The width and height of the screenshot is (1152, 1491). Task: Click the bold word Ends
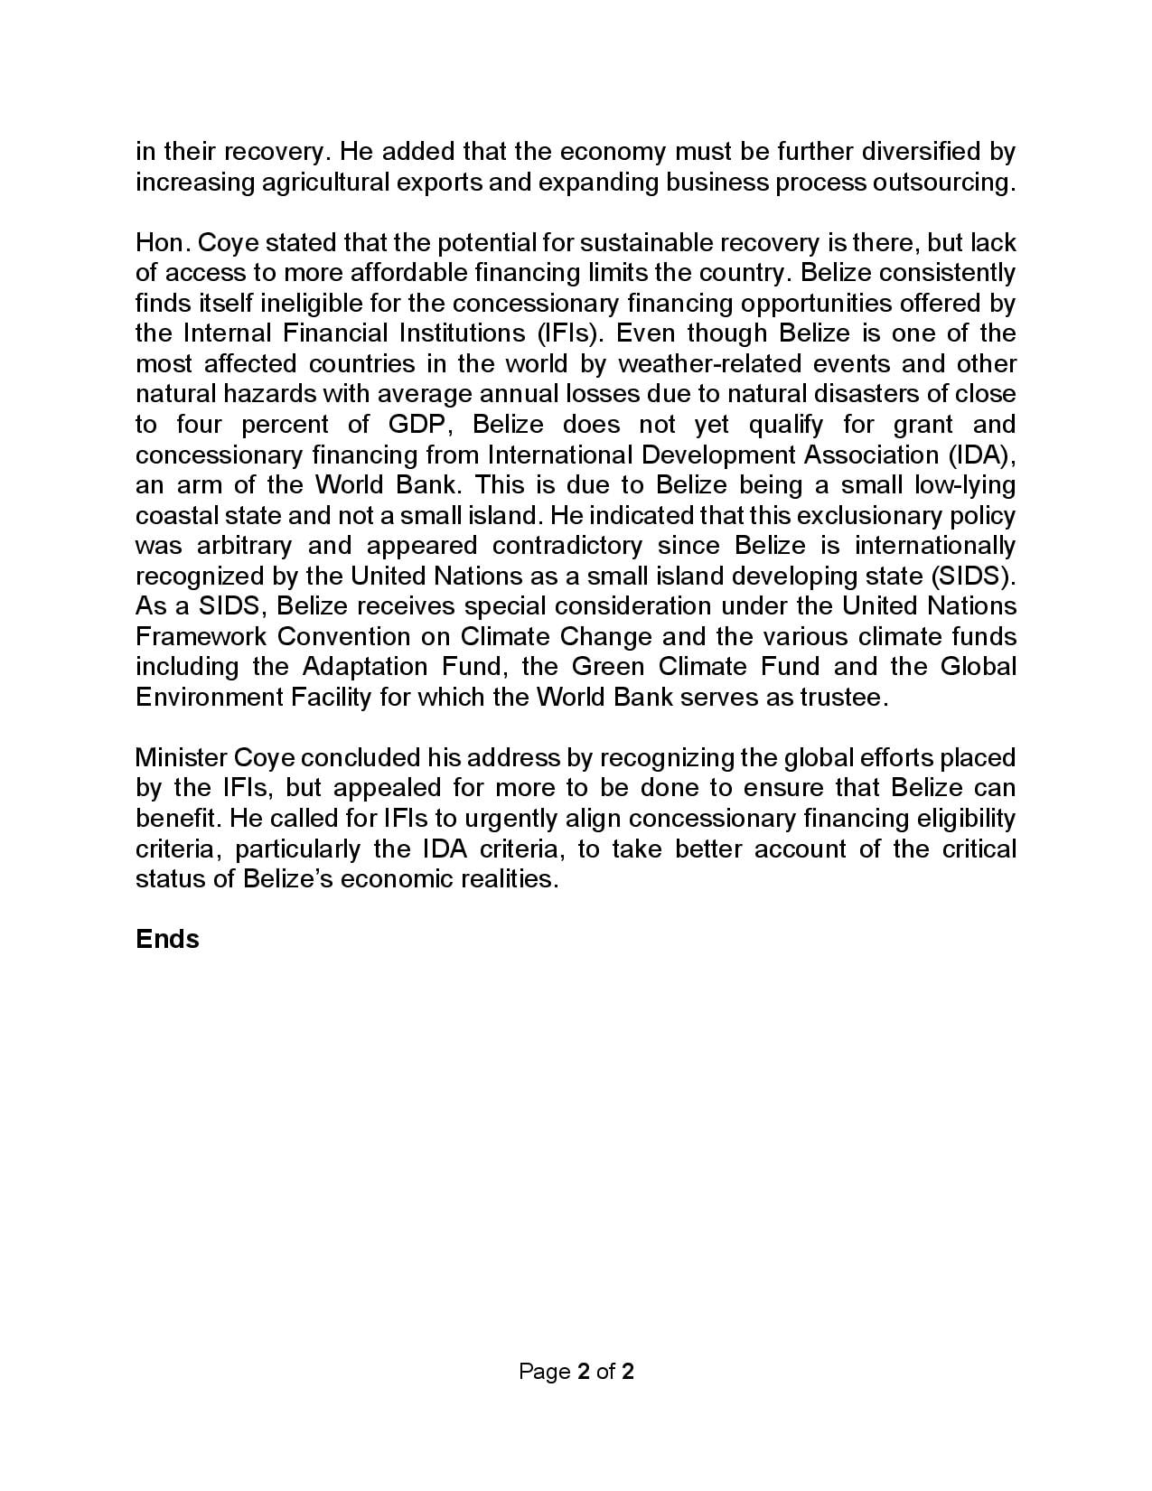pos(167,939)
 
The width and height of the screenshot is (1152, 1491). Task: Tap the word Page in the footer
pos(544,1371)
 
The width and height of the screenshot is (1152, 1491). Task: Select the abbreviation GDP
pos(418,424)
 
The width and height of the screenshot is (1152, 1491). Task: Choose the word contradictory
pos(567,546)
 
